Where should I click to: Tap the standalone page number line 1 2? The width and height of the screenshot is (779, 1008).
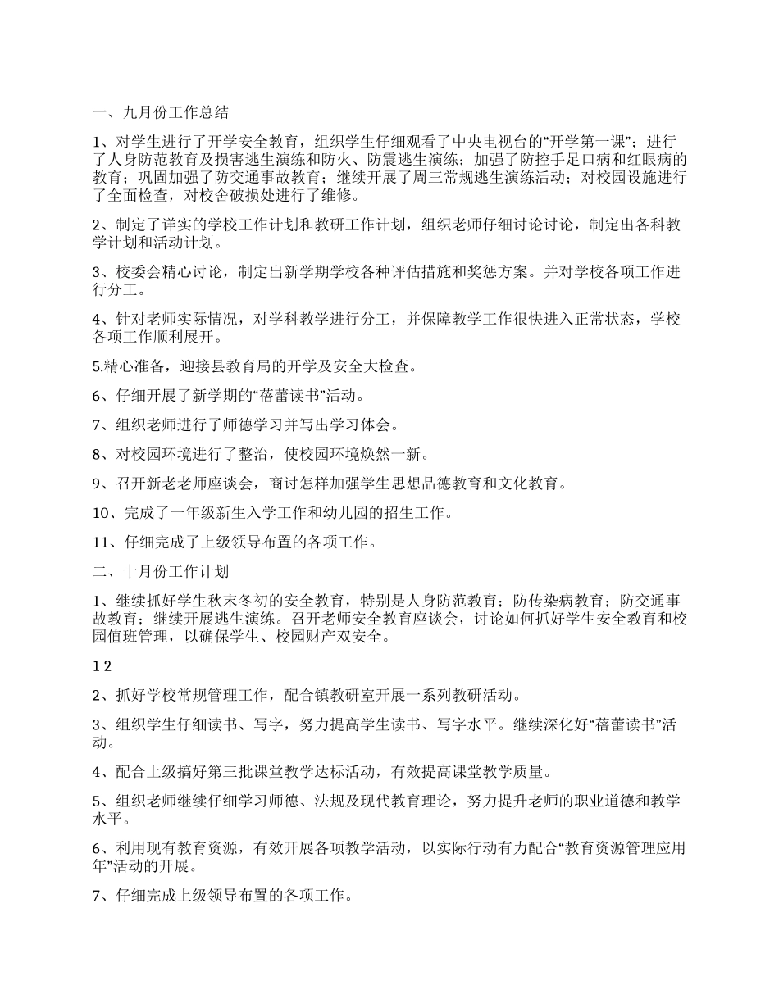click(102, 666)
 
